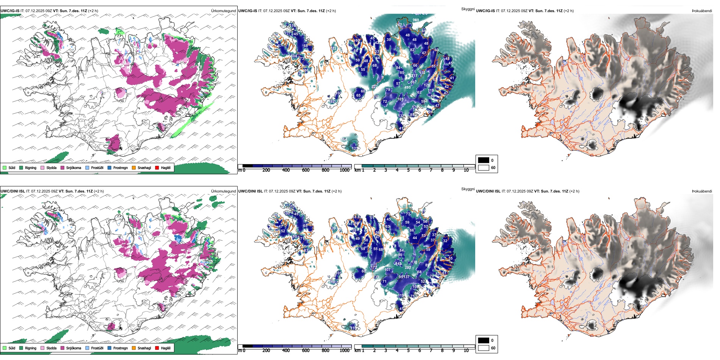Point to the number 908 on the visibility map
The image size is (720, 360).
pyautogui.click(x=416, y=20)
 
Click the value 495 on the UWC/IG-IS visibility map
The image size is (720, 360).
pyautogui.click(x=407, y=88)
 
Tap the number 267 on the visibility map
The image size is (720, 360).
pyautogui.click(x=399, y=25)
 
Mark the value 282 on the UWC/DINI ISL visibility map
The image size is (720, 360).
pyautogui.click(x=408, y=268)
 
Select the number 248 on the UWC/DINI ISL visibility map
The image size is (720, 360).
pyautogui.click(x=332, y=282)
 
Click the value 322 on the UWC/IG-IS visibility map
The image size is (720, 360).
pyautogui.click(x=374, y=87)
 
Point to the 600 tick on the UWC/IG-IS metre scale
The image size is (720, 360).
pyautogui.click(x=305, y=170)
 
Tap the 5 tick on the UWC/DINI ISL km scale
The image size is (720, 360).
pyautogui.click(x=408, y=351)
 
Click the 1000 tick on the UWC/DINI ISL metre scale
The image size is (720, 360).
pyautogui.click(x=344, y=351)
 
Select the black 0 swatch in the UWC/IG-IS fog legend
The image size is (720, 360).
pyautogui.click(x=484, y=160)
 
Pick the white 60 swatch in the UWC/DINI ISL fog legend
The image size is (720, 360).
pyautogui.click(x=484, y=348)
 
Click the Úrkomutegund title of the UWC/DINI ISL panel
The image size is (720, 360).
pyautogui.click(x=223, y=191)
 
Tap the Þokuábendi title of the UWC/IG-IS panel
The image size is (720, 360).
pyautogui.click(x=702, y=11)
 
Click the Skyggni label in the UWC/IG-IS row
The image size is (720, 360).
pyautogui.click(x=468, y=9)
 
